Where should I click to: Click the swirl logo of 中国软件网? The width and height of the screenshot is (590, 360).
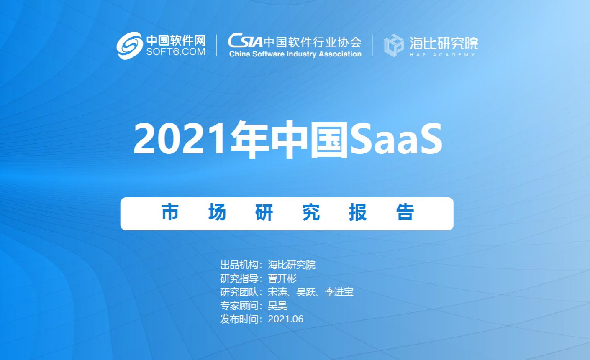[130, 46]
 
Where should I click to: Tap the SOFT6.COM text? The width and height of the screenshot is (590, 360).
[176, 52]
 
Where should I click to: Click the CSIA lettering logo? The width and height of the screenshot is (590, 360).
[245, 41]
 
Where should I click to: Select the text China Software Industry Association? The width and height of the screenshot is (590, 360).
[295, 54]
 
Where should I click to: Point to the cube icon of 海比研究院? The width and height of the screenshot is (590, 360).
[394, 45]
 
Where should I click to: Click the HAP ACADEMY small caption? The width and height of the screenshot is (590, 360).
[443, 55]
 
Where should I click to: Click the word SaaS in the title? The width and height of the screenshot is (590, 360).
[396, 138]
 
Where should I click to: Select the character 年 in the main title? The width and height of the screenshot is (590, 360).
[249, 139]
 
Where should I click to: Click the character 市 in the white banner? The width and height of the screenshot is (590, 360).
[170, 212]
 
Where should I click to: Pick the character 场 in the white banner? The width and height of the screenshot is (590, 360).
[217, 212]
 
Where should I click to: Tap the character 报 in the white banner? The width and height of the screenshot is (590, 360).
[358, 212]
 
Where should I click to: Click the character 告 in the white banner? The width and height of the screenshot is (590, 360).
[405, 212]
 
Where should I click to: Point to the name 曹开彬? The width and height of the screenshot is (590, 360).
[282, 279]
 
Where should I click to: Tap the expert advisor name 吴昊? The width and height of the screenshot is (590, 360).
[277, 306]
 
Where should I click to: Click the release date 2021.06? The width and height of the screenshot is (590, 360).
[285, 319]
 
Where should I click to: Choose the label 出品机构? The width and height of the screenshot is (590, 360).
[239, 265]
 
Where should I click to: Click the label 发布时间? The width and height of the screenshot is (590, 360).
[239, 319]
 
